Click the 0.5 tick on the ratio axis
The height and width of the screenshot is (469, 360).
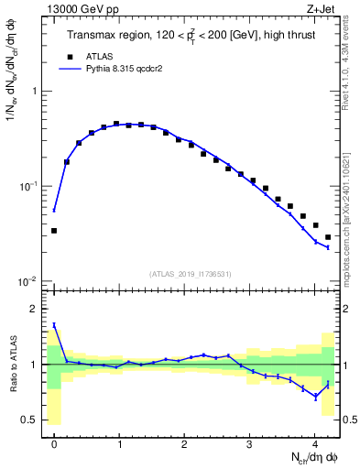pyautogui.click(x=31, y=420)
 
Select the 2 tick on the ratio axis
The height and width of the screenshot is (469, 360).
pyautogui.click(x=35, y=309)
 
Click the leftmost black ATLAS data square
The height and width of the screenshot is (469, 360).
pyautogui.click(x=54, y=231)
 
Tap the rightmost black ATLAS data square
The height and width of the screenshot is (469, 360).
pyautogui.click(x=328, y=237)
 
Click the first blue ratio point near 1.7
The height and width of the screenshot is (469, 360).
pyautogui.click(x=54, y=324)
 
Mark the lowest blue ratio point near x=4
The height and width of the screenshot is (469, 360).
pyautogui.click(x=315, y=397)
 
